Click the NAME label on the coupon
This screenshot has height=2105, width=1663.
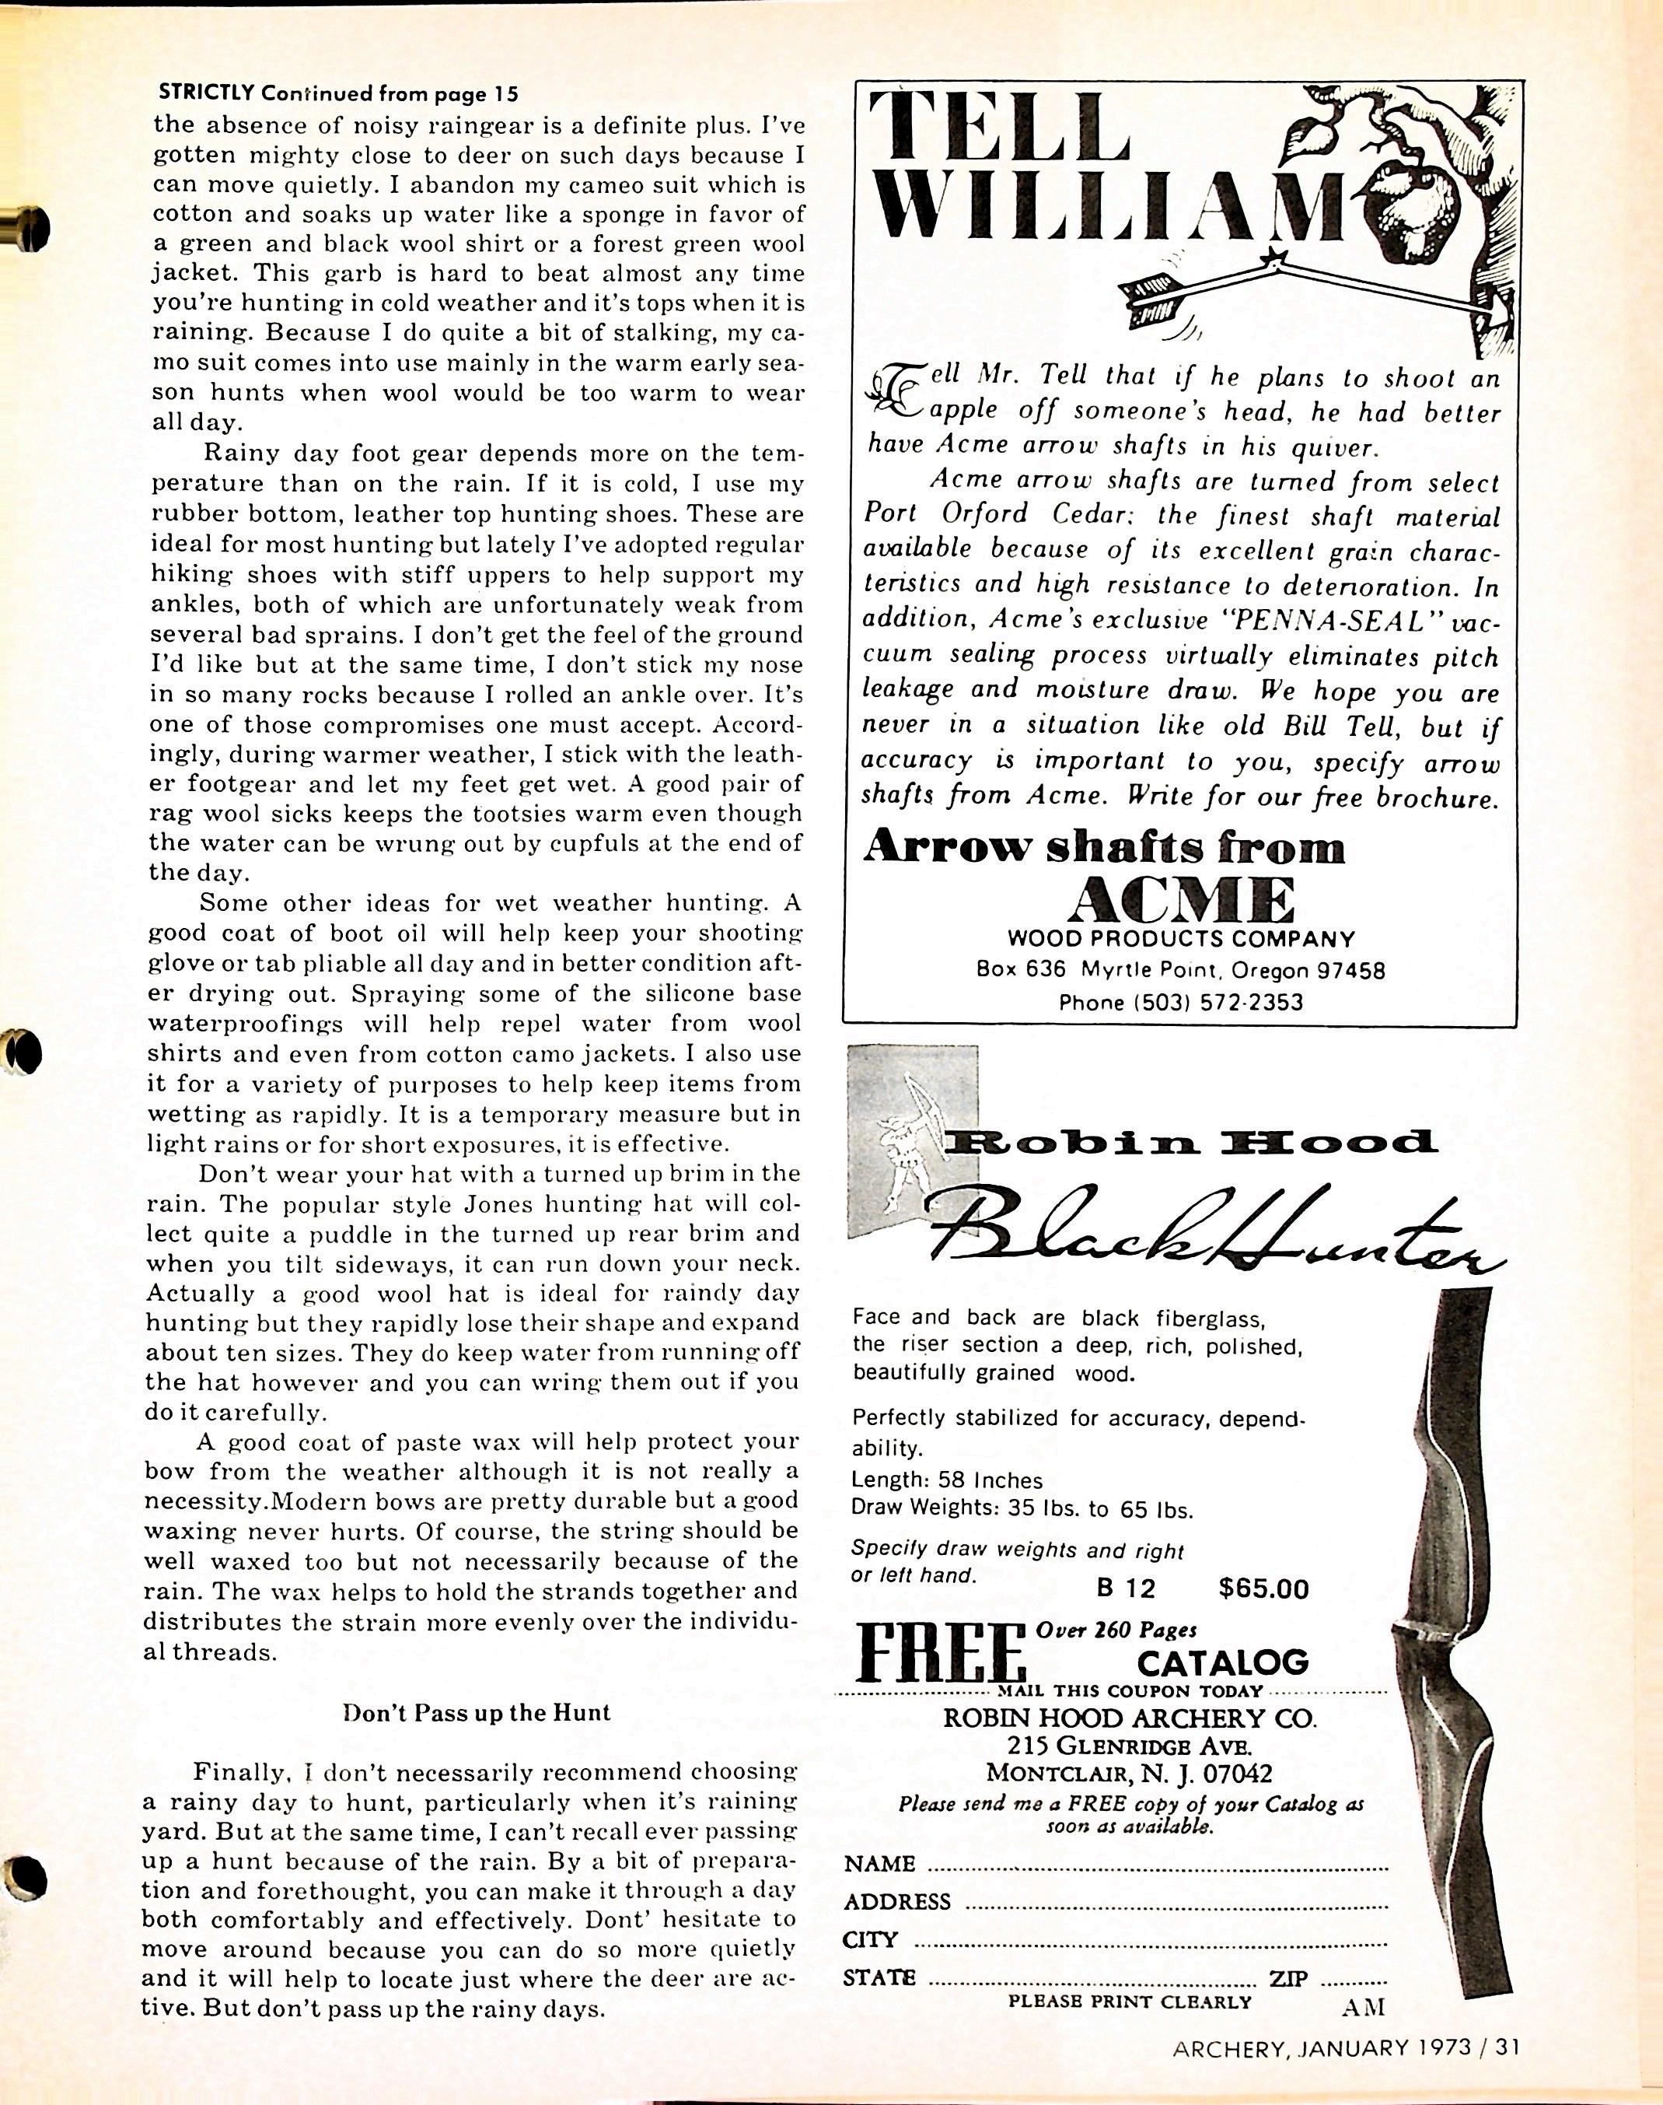tap(880, 1865)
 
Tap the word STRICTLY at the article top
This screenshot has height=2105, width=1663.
tap(205, 93)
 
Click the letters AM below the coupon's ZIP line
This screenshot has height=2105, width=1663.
tap(1361, 2007)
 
